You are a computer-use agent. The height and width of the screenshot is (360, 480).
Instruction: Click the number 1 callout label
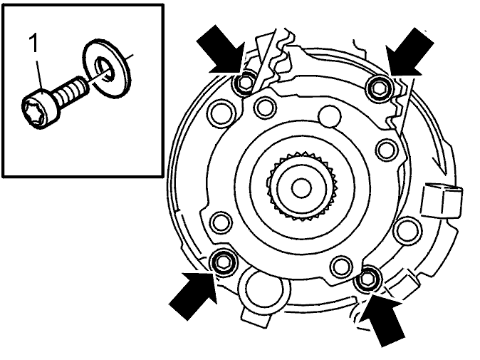[33, 43]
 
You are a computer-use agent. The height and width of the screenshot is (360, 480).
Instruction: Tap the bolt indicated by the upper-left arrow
[244, 83]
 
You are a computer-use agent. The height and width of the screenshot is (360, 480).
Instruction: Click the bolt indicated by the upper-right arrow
[380, 88]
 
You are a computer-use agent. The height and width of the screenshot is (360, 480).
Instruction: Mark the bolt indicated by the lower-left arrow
[224, 262]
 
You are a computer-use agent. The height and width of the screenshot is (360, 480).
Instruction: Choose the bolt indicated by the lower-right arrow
[367, 279]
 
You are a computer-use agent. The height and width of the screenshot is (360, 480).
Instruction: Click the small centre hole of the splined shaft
[301, 187]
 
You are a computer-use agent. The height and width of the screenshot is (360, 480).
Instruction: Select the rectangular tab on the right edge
[442, 201]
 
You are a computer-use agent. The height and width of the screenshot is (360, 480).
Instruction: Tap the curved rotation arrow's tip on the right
[444, 172]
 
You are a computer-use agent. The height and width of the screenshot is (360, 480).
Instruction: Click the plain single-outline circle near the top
[330, 116]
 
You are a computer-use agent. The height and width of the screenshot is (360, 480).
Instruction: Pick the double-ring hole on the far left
[221, 112]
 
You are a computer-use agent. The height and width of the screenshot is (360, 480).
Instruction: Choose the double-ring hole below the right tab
[407, 231]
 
